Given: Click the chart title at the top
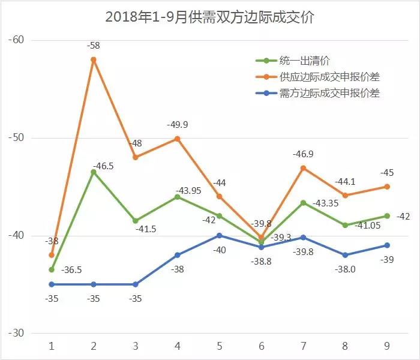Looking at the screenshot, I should [x=209, y=17].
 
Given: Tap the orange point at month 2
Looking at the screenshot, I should [x=94, y=59].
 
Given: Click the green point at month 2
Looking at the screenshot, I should [x=94, y=172].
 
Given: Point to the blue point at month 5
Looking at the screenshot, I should [x=220, y=235].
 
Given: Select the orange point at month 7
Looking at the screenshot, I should [x=304, y=168].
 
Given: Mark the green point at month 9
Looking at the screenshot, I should [x=388, y=216].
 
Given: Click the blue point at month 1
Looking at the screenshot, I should [x=52, y=284].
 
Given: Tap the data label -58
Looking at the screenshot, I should [x=93, y=45].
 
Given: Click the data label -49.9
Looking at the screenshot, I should [x=178, y=124].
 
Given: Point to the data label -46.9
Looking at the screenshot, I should [x=304, y=154].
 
